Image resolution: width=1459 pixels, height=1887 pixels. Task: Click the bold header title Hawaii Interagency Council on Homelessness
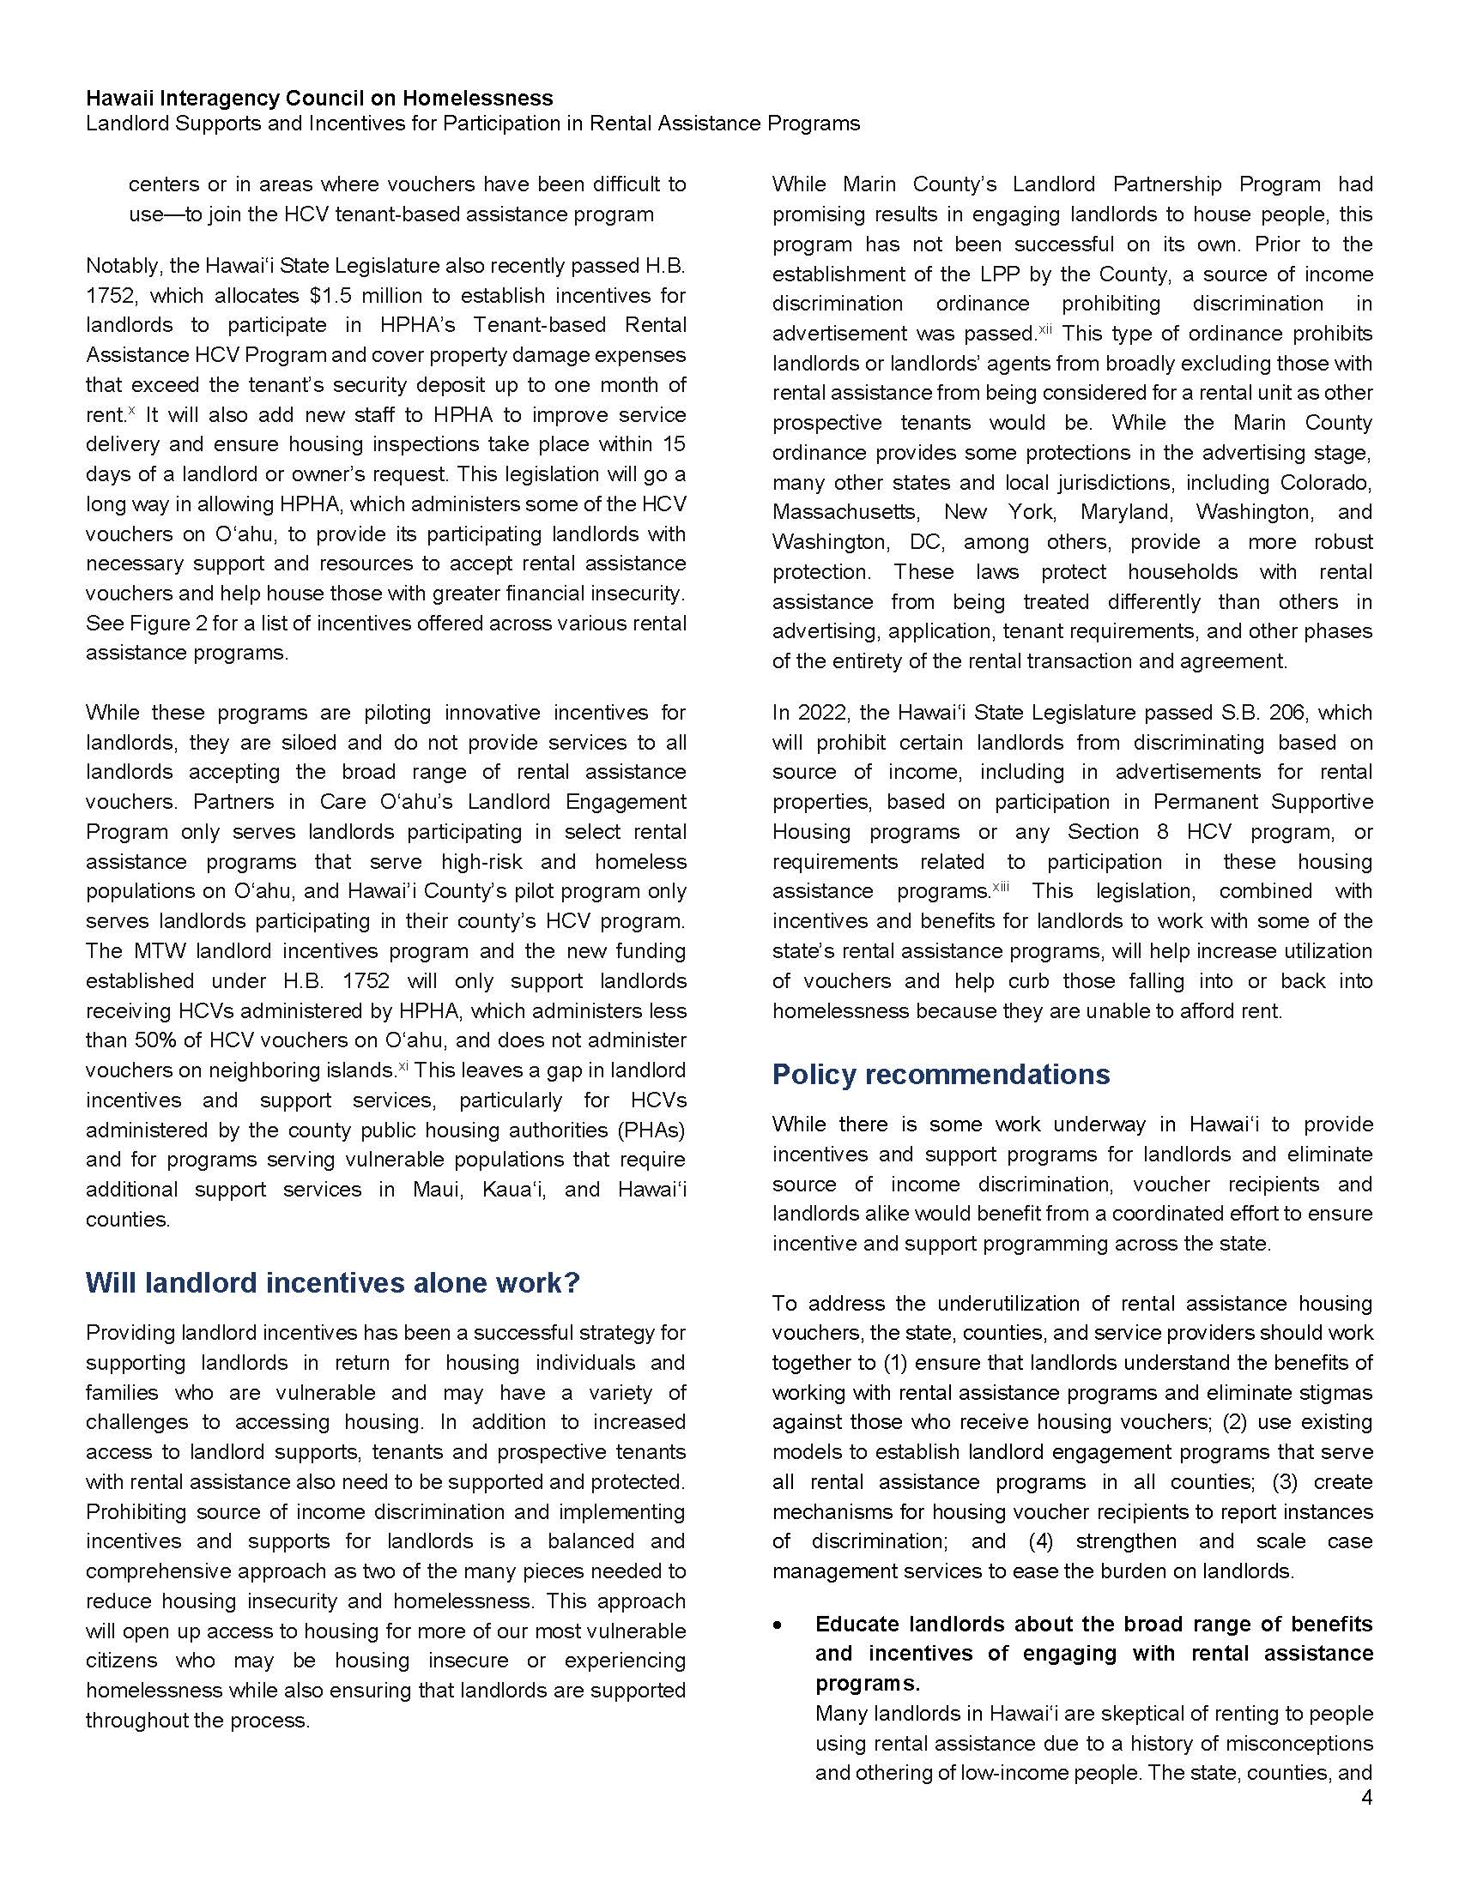click(319, 98)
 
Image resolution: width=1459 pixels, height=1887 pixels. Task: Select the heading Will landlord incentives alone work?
click(333, 1283)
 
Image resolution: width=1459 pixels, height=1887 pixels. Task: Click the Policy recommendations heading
click(941, 1074)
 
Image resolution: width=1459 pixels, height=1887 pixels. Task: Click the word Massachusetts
click(845, 512)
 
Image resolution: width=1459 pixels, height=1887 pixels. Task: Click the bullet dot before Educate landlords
click(779, 1625)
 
